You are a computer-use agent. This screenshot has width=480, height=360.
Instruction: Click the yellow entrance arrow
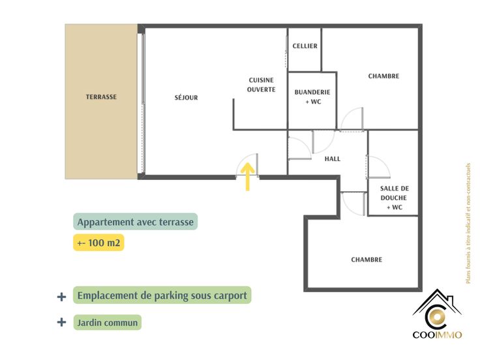click(248, 177)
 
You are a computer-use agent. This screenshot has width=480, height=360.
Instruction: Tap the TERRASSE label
click(101, 97)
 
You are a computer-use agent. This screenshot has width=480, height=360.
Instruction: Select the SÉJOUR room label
click(186, 98)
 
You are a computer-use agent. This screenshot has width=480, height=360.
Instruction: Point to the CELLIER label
click(305, 46)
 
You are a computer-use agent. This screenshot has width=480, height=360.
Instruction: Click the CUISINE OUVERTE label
click(261, 85)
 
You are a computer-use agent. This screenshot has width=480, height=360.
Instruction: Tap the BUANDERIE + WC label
click(312, 97)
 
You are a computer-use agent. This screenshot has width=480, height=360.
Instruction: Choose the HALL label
click(333, 159)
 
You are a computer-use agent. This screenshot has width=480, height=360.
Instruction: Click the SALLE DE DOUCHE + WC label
click(395, 198)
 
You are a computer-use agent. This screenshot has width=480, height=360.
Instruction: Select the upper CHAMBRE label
click(383, 76)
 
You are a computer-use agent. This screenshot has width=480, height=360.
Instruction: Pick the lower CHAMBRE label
click(367, 260)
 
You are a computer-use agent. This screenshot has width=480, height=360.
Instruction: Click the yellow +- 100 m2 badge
click(98, 243)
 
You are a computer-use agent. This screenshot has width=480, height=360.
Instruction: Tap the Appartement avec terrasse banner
click(135, 222)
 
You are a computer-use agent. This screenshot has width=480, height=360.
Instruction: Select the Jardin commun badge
click(108, 323)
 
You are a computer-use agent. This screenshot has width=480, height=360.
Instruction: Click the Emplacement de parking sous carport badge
click(162, 295)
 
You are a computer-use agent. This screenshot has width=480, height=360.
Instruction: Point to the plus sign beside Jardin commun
click(61, 322)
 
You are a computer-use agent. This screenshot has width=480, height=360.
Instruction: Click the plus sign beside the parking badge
click(61, 297)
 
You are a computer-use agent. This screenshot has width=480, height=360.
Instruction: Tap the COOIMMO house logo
click(437, 314)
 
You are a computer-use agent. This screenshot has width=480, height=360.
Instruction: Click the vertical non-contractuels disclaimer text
click(468, 223)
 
